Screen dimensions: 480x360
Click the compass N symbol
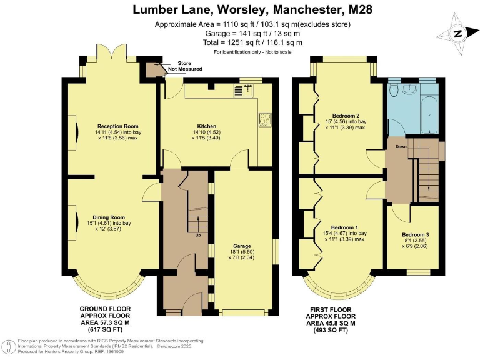tap(457, 33)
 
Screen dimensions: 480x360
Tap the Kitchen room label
tap(207, 126)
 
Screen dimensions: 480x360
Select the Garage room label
tap(242, 246)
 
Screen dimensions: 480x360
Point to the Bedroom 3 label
tap(416, 235)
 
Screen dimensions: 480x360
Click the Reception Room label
tap(118, 126)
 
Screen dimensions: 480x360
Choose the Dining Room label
tap(109, 217)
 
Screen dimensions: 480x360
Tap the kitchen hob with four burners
tap(265, 120)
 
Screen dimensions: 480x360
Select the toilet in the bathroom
tap(393, 90)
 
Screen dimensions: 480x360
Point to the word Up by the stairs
tap(198, 235)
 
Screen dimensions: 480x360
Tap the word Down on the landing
tap(401, 147)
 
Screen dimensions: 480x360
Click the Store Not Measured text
tap(185, 66)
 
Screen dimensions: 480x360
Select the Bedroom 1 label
tap(344, 227)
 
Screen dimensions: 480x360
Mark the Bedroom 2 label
tap(346, 116)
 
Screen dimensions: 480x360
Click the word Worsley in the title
tap(242, 9)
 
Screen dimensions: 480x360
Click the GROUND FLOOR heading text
tap(105, 309)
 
